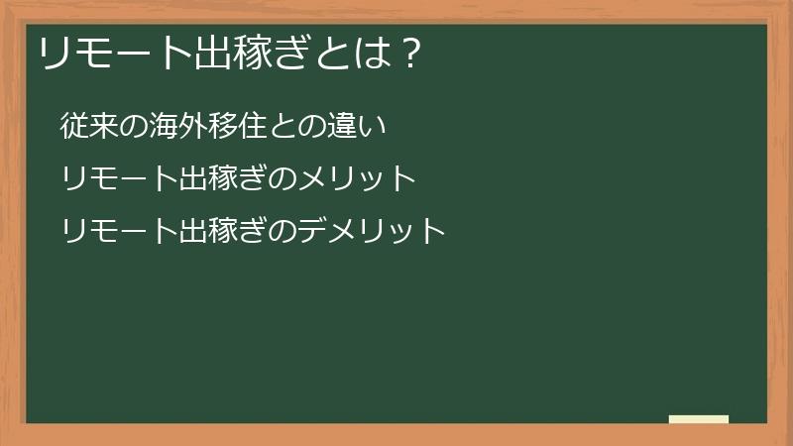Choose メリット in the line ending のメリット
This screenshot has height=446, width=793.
click(355, 179)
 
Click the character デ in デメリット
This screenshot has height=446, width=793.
click(311, 232)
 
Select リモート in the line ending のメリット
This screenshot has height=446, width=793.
click(119, 179)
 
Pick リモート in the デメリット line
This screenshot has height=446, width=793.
click(119, 232)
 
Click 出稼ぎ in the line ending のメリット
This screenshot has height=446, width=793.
click(223, 179)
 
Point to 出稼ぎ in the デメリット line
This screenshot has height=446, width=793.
click(223, 232)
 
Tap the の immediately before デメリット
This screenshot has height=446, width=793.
click(283, 232)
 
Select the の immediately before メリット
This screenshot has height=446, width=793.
click(283, 179)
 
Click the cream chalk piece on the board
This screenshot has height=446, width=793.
click(699, 419)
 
